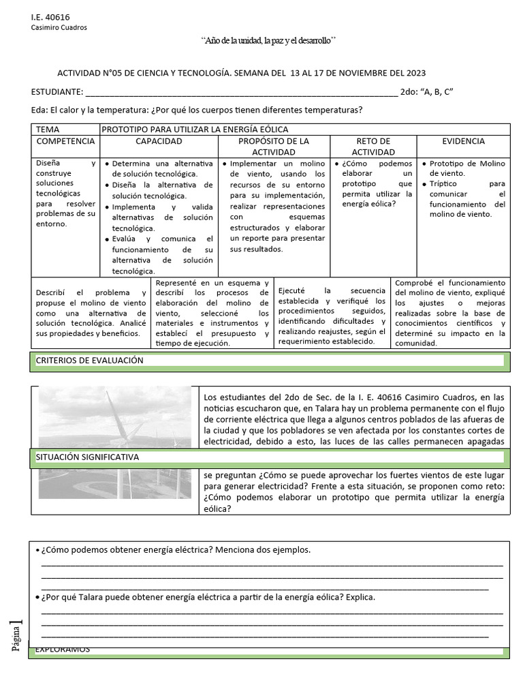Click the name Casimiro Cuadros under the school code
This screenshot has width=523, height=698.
pyautogui.click(x=59, y=27)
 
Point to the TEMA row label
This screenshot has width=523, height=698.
pyautogui.click(x=48, y=129)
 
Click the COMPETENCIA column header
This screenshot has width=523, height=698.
pyautogui.click(x=65, y=141)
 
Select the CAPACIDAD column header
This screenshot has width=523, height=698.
pyautogui.click(x=159, y=141)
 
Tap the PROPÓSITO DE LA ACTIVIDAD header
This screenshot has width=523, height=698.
pyautogui.click(x=274, y=146)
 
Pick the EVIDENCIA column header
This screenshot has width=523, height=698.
pyautogui.click(x=463, y=141)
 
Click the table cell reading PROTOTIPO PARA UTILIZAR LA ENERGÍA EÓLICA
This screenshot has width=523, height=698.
pyautogui.click(x=195, y=129)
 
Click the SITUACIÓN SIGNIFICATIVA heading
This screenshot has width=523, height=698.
pyautogui.click(x=87, y=457)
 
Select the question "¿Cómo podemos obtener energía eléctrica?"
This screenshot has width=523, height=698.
pyautogui.click(x=176, y=549)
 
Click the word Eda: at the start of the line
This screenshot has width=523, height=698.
pyautogui.click(x=40, y=110)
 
